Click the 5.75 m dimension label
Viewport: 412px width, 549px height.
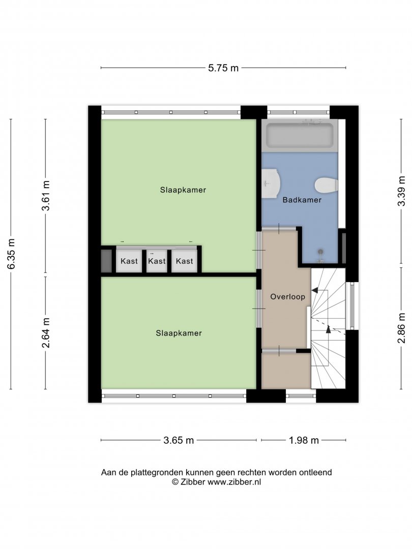tap(223, 68)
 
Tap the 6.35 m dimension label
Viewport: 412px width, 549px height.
tap(11, 254)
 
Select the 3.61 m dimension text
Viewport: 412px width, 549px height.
tap(46, 196)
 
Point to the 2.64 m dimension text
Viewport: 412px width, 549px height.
tap(46, 333)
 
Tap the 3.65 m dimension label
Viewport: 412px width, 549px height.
tap(179, 440)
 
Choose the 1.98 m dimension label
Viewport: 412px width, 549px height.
tap(304, 440)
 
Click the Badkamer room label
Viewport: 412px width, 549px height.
tap(302, 200)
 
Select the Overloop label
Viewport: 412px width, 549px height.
tap(287, 297)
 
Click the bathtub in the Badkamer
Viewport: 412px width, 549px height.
tap(300, 135)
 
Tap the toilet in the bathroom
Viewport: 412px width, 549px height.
tap(326, 186)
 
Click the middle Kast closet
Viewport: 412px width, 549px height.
tap(157, 261)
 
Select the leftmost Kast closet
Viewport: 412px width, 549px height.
tap(129, 261)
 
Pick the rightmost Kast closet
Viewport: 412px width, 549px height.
tap(184, 261)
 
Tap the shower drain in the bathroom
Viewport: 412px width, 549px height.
tap(320, 252)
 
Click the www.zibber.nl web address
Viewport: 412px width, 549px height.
tap(234, 482)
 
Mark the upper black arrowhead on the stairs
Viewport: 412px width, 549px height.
tap(315, 290)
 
